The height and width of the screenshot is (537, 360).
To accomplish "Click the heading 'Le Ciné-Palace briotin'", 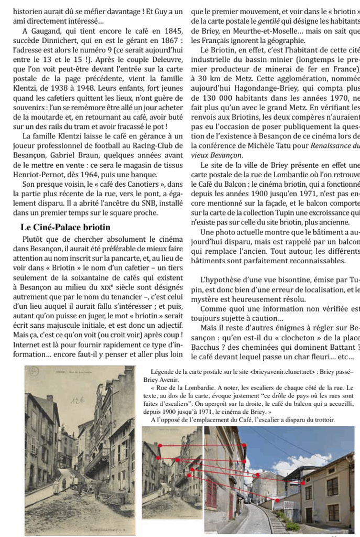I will click(66, 227).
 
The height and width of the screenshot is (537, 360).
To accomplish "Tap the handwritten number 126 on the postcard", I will click(80, 401).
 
